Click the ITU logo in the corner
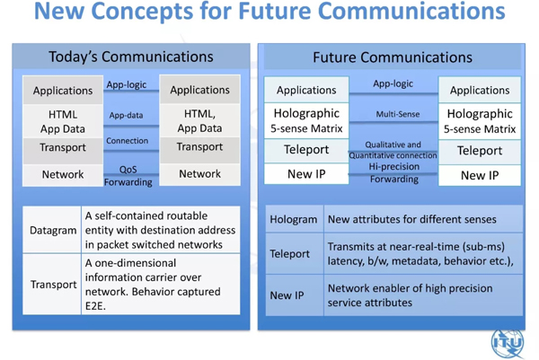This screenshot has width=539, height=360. click(x=508, y=342)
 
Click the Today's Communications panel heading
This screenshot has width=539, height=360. click(x=131, y=57)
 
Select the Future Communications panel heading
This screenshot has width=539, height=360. click(x=393, y=57)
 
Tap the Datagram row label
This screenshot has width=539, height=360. click(x=53, y=230)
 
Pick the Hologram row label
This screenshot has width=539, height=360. click(x=294, y=219)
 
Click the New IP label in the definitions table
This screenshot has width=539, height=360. click(x=287, y=295)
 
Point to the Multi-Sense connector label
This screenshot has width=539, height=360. click(x=398, y=114)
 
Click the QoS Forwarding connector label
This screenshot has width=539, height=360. click(x=128, y=176)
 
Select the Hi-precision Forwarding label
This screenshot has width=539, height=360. click(x=394, y=172)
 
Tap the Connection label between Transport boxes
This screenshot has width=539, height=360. click(x=128, y=140)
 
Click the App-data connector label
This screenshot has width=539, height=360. click(x=126, y=115)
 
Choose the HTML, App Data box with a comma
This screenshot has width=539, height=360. click(x=199, y=120)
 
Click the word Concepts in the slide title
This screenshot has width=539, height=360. click(x=142, y=12)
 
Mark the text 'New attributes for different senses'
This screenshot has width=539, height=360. click(x=412, y=219)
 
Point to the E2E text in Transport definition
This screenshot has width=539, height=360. click(x=95, y=306)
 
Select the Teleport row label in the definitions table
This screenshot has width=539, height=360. click(x=290, y=253)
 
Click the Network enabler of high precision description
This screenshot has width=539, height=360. click(x=411, y=295)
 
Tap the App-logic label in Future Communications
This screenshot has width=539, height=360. click(x=393, y=83)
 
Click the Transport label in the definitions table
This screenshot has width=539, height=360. click(x=54, y=285)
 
